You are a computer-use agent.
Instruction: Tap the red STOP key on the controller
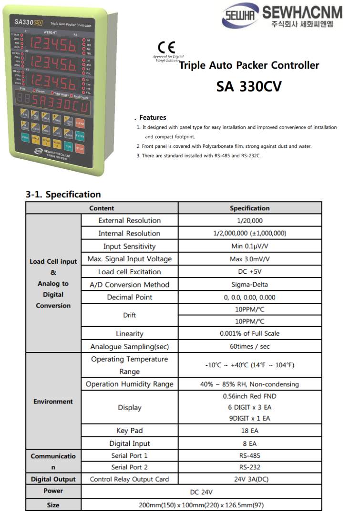(x=80, y=149)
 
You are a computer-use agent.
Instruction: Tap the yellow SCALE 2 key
(x=46, y=142)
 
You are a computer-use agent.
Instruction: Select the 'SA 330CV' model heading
(x=248, y=86)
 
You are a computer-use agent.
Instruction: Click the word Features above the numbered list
(x=153, y=117)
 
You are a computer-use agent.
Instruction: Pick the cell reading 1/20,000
(x=249, y=221)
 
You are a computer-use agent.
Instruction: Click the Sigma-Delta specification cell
(x=249, y=285)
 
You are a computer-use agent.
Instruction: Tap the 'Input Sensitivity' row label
(x=129, y=247)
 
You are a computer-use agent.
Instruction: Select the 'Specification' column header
(x=249, y=208)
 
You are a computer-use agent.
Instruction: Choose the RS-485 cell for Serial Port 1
(x=249, y=456)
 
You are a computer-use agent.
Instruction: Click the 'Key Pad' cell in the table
(x=129, y=431)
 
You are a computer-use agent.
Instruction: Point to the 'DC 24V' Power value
(x=201, y=492)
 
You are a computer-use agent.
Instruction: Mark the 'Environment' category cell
(x=53, y=402)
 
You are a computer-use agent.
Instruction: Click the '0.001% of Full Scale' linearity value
(x=249, y=333)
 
